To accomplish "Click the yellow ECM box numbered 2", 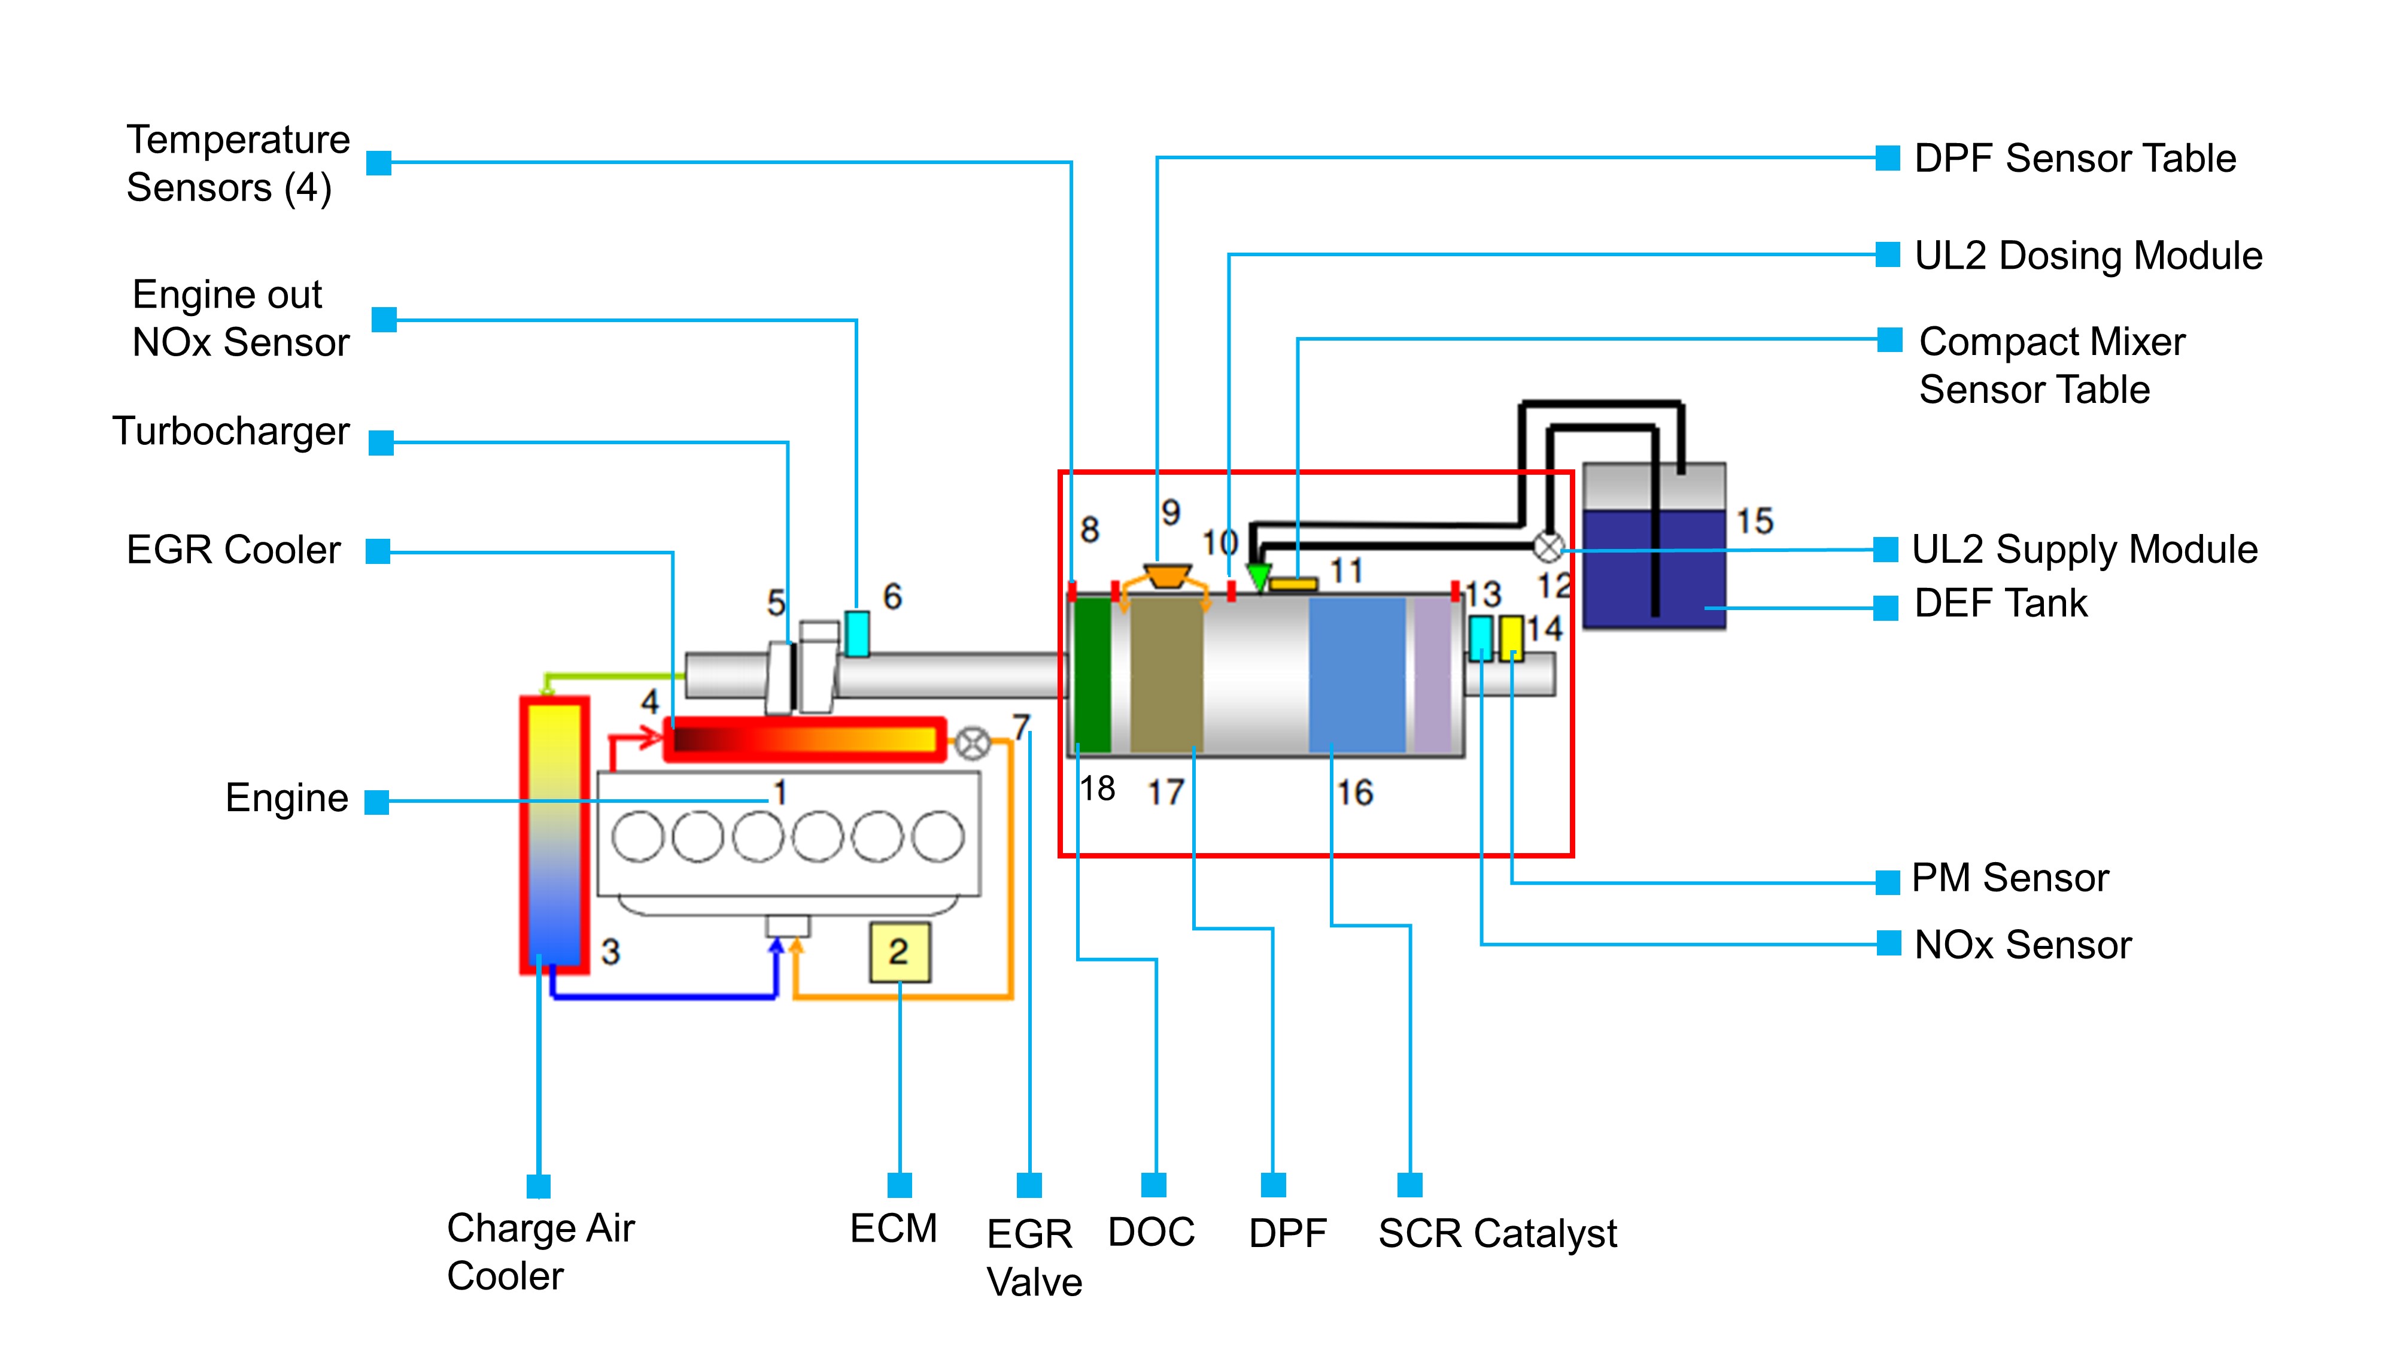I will (x=899, y=952).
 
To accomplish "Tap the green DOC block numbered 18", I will (x=1092, y=674).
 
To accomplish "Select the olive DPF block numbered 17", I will (x=1166, y=674).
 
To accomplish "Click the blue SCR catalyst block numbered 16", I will (x=1357, y=674).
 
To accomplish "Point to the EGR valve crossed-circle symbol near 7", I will (x=972, y=743).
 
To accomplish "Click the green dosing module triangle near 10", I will (x=1258, y=577).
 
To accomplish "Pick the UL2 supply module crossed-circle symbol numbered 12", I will (x=1547, y=547).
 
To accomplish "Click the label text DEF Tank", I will (x=2000, y=604).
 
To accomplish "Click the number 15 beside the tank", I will (x=1755, y=521).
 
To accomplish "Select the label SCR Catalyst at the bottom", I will (x=1497, y=1234).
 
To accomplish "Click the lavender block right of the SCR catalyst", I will (x=1432, y=674).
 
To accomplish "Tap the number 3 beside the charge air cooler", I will (x=610, y=951).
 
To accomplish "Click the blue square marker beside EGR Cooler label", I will (x=377, y=551).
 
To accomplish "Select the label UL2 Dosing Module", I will (x=2088, y=256).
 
